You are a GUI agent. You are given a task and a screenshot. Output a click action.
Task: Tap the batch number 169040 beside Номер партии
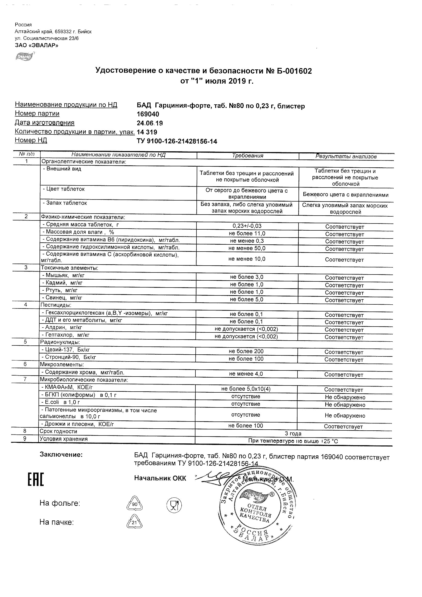pyautogui.click(x=148, y=114)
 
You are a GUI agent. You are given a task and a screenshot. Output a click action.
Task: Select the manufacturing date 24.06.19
pyautogui.click(x=150, y=123)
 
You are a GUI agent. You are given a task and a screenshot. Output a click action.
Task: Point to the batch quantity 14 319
pyautogui.click(x=147, y=132)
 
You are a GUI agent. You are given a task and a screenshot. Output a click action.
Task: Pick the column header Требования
pyautogui.click(x=247, y=156)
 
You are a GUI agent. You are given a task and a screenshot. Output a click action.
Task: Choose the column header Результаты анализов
pyautogui.click(x=346, y=156)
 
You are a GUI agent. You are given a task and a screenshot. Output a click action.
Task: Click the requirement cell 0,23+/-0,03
pyautogui.click(x=247, y=226)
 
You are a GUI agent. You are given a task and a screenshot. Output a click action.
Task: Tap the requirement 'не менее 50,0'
pyautogui.click(x=247, y=248)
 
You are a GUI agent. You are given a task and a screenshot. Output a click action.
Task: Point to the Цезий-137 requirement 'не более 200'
pyautogui.click(x=246, y=351)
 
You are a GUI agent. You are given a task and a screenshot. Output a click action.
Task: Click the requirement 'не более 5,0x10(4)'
pyautogui.click(x=246, y=389)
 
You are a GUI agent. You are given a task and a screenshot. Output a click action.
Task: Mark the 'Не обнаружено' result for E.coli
pyautogui.click(x=345, y=405)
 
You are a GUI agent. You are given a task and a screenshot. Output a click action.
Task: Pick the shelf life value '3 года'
pyautogui.click(x=293, y=433)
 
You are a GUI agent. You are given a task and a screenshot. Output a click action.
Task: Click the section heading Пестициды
pyautogui.click(x=56, y=305)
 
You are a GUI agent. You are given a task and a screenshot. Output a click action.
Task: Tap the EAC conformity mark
pyautogui.click(x=36, y=479)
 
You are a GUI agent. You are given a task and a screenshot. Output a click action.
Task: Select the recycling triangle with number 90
pyautogui.click(x=134, y=504)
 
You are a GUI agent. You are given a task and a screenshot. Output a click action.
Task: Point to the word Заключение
pyautogui.click(x=61, y=454)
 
